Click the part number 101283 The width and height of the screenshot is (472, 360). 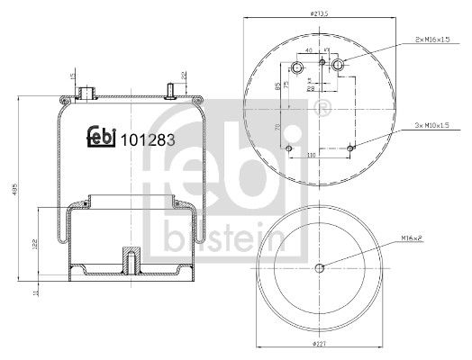coord(148,140)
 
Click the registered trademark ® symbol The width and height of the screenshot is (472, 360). coord(322,109)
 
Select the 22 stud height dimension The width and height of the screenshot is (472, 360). coord(184,76)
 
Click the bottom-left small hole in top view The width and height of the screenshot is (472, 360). coord(288,148)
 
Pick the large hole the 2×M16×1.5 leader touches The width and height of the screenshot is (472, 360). coord(337,65)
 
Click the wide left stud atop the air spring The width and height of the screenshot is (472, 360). coord(88,92)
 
